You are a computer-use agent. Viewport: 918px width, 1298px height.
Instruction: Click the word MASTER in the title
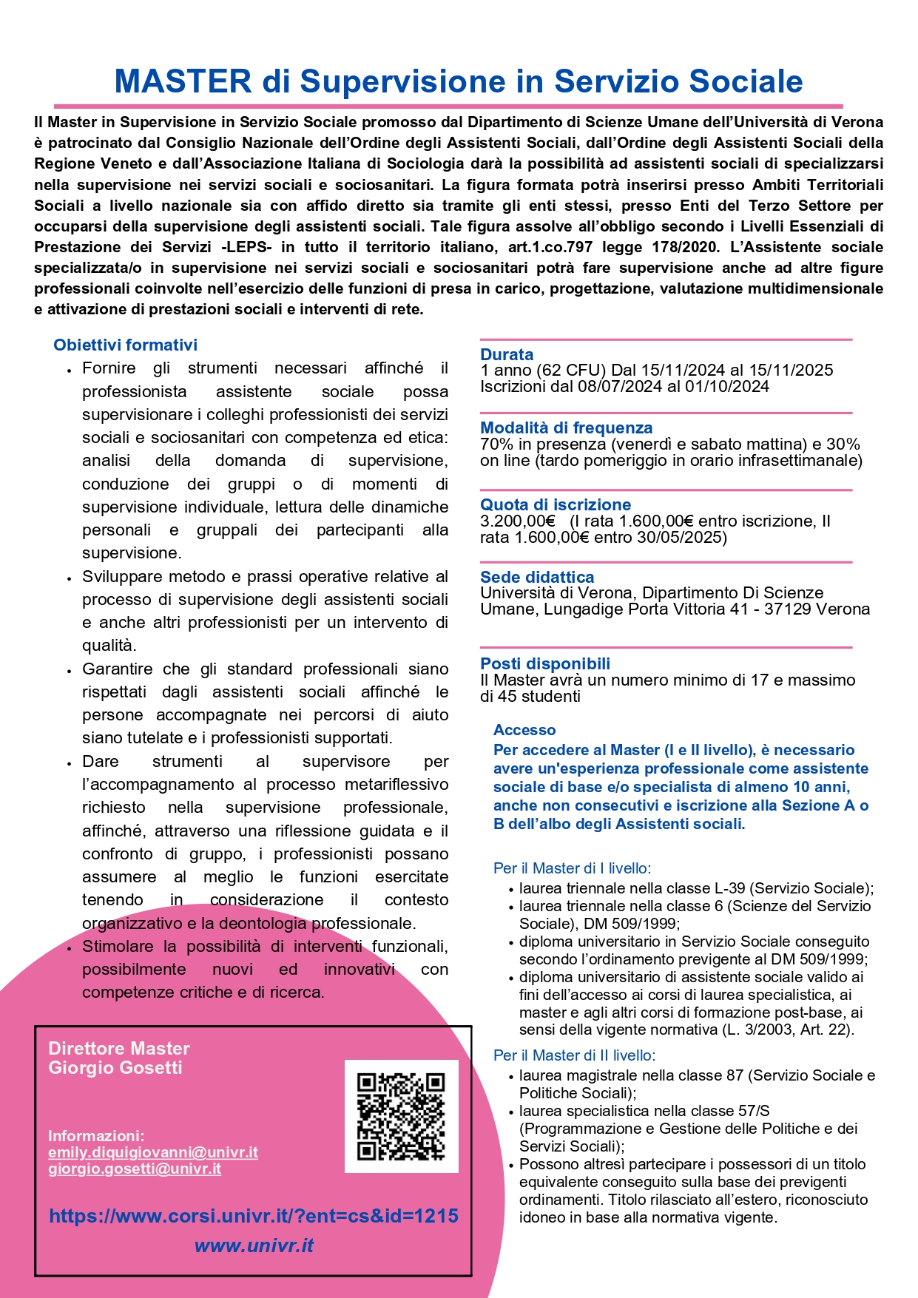tap(183, 81)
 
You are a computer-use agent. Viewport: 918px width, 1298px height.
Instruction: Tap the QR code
tap(401, 1116)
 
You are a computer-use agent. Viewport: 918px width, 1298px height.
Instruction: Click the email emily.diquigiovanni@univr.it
tap(153, 1152)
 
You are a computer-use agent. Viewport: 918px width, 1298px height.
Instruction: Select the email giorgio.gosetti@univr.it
tap(135, 1169)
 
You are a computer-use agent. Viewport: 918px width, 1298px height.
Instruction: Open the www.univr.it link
tap(254, 1245)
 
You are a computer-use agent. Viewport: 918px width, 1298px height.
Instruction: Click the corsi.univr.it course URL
tap(254, 1216)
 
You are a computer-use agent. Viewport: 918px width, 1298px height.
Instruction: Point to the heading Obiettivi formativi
tap(125, 345)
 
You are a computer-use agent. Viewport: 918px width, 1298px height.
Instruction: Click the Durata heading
tap(507, 354)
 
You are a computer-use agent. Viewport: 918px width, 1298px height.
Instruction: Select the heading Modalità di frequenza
tap(566, 427)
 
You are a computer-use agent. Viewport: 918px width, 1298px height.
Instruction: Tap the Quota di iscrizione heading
tap(556, 504)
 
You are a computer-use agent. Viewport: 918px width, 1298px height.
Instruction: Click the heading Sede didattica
tap(537, 577)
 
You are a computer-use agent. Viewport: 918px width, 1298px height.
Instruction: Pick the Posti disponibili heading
tap(545, 663)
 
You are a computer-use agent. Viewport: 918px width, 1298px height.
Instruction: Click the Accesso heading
tap(524, 730)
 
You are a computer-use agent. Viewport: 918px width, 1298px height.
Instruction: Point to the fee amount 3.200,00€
tap(517, 521)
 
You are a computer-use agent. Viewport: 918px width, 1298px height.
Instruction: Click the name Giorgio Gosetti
tap(115, 1067)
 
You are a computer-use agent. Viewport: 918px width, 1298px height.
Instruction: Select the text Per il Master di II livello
tap(574, 1055)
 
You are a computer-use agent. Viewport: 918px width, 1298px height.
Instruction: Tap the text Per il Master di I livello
tap(572, 868)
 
